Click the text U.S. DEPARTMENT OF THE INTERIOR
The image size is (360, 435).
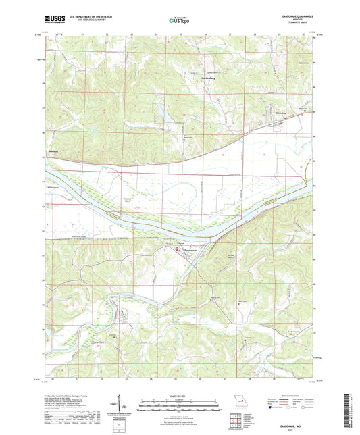coord(87,16)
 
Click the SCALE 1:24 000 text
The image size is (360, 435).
coord(180,395)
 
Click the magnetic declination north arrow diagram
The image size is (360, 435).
coord(122,405)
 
